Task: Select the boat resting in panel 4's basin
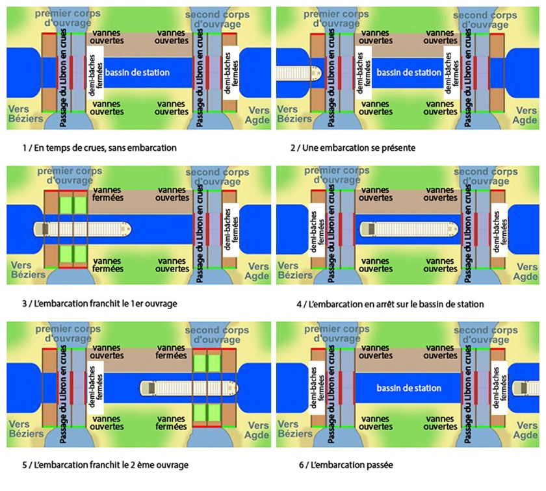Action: (x=406, y=229)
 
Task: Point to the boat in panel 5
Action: (x=188, y=388)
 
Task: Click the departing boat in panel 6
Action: (x=529, y=388)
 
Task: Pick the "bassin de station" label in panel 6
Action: (x=409, y=388)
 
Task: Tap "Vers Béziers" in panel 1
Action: (x=24, y=114)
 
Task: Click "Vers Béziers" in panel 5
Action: (x=24, y=430)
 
